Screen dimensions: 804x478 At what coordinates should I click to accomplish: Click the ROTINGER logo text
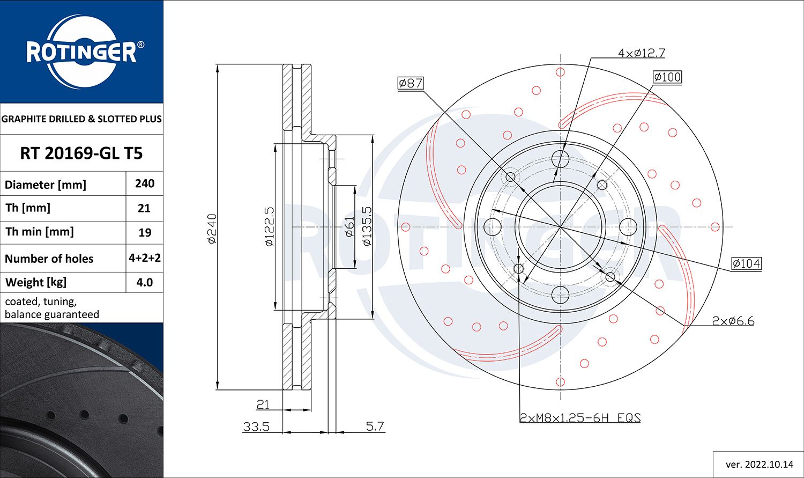click(x=81, y=52)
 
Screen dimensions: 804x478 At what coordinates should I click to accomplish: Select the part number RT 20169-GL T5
click(x=81, y=153)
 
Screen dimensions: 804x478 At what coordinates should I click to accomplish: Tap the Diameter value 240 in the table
click(x=145, y=183)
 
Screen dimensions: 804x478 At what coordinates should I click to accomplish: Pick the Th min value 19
click(x=145, y=233)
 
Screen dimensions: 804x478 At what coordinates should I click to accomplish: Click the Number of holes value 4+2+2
click(x=145, y=258)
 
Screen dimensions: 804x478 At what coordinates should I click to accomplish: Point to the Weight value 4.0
click(x=145, y=282)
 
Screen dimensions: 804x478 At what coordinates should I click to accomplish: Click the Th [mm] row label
click(x=28, y=208)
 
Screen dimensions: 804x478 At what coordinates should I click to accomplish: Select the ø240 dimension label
click(x=212, y=229)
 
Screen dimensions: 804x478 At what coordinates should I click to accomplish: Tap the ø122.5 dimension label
click(x=269, y=226)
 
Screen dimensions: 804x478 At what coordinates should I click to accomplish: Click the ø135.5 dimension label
click(x=367, y=226)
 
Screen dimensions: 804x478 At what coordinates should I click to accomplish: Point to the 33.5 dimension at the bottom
click(x=256, y=426)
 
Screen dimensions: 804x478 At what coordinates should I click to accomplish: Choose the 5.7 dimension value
click(x=375, y=426)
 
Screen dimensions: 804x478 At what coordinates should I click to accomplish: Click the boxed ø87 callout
click(x=411, y=83)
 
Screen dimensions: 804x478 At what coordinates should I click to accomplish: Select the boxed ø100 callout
click(x=667, y=77)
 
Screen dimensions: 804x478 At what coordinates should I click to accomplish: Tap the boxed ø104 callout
click(x=747, y=263)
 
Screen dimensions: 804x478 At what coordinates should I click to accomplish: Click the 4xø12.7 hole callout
click(x=642, y=53)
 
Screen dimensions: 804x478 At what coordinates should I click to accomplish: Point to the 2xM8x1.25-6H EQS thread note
click(x=580, y=418)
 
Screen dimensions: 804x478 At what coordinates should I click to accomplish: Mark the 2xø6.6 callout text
click(x=733, y=321)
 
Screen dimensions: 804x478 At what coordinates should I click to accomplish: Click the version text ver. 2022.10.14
click(x=760, y=465)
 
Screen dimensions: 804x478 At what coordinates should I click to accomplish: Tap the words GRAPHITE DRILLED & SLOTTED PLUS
click(x=81, y=119)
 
